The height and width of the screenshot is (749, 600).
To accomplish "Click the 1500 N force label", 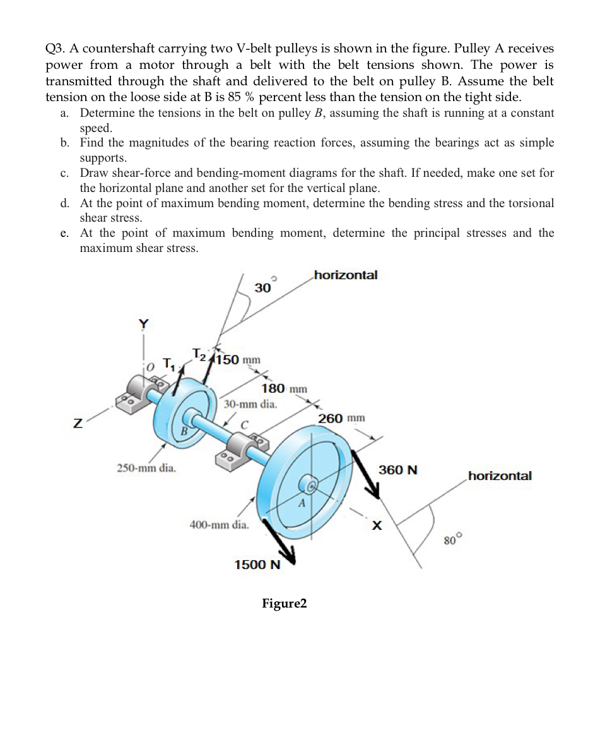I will point(257,564).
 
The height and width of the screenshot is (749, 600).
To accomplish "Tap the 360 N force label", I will point(398,470).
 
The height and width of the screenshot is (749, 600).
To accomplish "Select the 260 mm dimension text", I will point(341,419).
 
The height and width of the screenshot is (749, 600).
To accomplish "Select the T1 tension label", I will point(168,363).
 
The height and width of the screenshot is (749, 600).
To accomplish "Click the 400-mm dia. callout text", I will point(220,524).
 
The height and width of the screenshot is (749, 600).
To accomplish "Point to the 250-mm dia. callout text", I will point(147,469).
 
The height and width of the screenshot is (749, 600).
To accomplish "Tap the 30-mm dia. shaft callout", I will point(250,404).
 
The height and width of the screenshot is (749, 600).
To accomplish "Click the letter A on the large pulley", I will point(302,503).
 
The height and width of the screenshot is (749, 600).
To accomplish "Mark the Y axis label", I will point(144,324).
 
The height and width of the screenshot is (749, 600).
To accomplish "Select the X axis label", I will point(377,525).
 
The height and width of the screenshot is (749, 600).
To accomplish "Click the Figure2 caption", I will point(285,604).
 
